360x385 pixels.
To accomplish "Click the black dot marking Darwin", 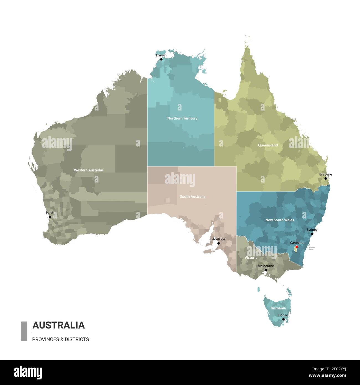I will coord(161,59).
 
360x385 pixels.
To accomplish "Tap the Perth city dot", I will coord(50,217).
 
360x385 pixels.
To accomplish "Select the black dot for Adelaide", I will coord(218,243).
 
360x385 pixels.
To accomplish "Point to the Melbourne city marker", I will coord(266,270).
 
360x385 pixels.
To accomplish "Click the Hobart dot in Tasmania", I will coord(283,319).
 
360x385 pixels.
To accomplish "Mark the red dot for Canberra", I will coord(297,247).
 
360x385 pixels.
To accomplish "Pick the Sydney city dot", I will coord(312,234).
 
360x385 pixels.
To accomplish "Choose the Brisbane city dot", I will coord(326,179).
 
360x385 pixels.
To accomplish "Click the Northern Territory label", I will coord(182,118).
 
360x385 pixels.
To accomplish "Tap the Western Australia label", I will coord(88,170).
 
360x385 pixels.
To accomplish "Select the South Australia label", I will coord(192,197).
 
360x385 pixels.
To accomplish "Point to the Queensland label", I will coord(268,145).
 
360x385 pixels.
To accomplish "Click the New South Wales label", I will coord(280,220).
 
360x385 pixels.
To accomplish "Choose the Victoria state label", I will coord(251,258).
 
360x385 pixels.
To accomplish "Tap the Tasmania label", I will coord(278,308).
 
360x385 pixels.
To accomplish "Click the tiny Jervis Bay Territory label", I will coord(312,248).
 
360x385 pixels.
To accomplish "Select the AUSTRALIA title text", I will coord(59,325).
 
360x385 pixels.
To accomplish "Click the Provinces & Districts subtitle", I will coord(61,339).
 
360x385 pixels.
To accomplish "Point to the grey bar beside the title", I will coord(24,331).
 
